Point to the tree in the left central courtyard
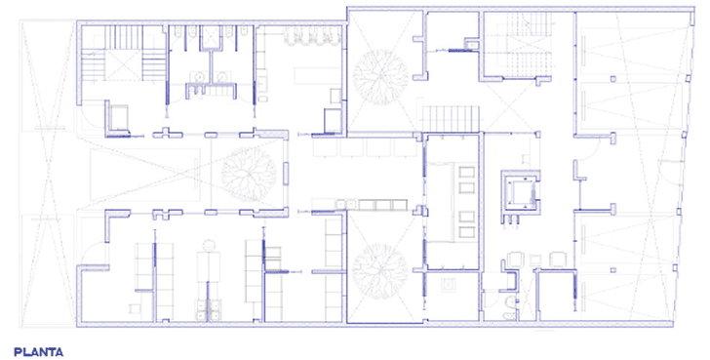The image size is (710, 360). pos(249,174)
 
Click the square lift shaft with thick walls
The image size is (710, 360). pos(519,190)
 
